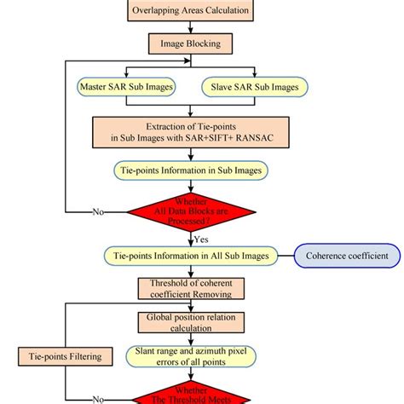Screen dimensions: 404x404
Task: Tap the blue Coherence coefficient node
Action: [348, 256]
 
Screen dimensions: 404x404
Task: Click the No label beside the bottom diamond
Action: [101, 398]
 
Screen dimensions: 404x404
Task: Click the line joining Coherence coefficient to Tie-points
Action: [284, 256]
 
